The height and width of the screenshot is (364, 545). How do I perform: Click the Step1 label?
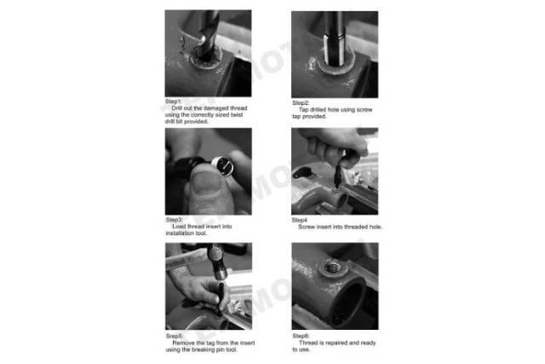click(x=173, y=101)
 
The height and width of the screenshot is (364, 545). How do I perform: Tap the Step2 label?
click(x=301, y=103)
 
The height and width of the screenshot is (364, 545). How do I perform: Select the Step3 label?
click(x=174, y=220)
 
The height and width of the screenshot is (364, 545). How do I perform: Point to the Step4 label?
click(x=299, y=220)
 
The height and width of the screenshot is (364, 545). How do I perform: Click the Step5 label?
click(x=174, y=336)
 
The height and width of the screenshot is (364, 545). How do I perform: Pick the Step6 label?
click(x=301, y=336)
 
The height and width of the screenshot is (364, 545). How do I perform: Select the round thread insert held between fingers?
click(x=223, y=165)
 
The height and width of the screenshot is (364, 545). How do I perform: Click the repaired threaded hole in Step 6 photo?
click(x=332, y=268)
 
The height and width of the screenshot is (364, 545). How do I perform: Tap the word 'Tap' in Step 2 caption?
click(x=303, y=110)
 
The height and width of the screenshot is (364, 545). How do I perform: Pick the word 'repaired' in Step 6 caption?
click(x=336, y=343)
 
